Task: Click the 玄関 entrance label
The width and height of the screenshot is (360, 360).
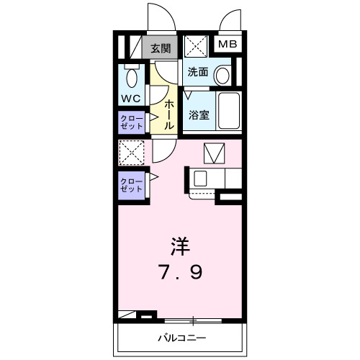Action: pyautogui.click(x=161, y=49)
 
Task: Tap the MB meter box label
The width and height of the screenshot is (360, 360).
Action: pyautogui.click(x=228, y=44)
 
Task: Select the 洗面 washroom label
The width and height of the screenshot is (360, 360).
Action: pyautogui.click(x=198, y=72)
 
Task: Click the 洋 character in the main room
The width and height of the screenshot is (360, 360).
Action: pyautogui.click(x=180, y=247)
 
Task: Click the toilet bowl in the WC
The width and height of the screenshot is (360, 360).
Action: pyautogui.click(x=132, y=76)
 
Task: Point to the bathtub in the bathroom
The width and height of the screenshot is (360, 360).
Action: pyautogui.click(x=229, y=112)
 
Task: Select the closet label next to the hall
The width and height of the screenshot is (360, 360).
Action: pyautogui.click(x=131, y=120)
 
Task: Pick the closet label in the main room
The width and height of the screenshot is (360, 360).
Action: pyautogui.click(x=131, y=184)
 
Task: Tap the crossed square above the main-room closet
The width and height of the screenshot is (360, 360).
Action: pyautogui.click(x=131, y=153)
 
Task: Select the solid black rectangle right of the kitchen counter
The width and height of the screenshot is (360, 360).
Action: pyautogui.click(x=229, y=197)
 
